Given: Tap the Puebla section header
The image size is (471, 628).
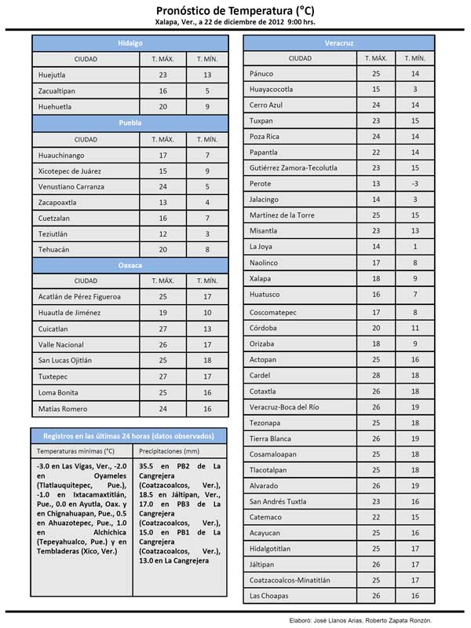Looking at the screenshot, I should [130, 123].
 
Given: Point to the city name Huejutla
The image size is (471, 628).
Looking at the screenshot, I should [53, 75].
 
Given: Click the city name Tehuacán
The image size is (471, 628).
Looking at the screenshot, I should [53, 249].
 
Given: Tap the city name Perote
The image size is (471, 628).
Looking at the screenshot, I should [261, 183].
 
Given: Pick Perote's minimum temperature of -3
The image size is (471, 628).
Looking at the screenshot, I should [415, 183].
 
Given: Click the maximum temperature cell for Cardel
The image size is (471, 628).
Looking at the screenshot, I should [376, 374].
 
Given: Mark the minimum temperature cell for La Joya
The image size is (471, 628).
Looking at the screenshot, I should [415, 247].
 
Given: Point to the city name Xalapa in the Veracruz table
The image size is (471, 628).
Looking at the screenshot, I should [261, 278].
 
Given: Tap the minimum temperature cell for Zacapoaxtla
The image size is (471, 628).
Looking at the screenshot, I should [207, 202].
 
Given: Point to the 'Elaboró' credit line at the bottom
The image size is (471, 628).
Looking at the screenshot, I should [367, 619].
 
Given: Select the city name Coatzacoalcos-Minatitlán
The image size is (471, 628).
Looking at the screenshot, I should [290, 580].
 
